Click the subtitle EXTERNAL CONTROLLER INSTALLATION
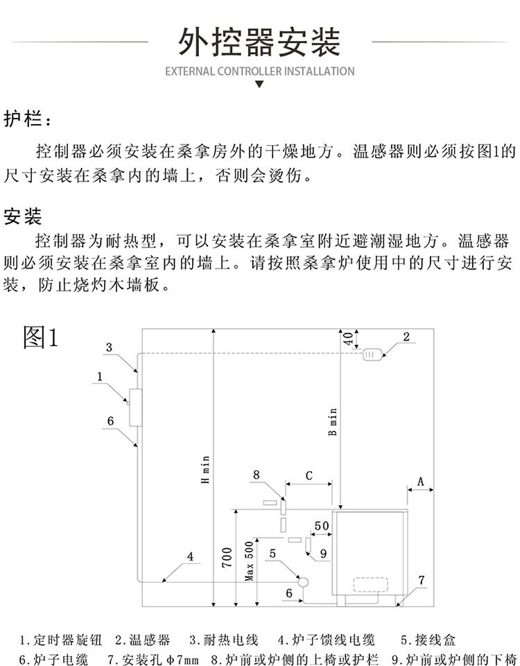260,71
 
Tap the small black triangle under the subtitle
260,85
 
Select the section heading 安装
23,217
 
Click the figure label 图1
42,338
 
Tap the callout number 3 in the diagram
109,347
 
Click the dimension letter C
309,476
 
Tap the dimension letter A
421,481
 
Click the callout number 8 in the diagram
256,475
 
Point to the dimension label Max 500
250,561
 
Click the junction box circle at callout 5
302,581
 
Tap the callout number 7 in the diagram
421,579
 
